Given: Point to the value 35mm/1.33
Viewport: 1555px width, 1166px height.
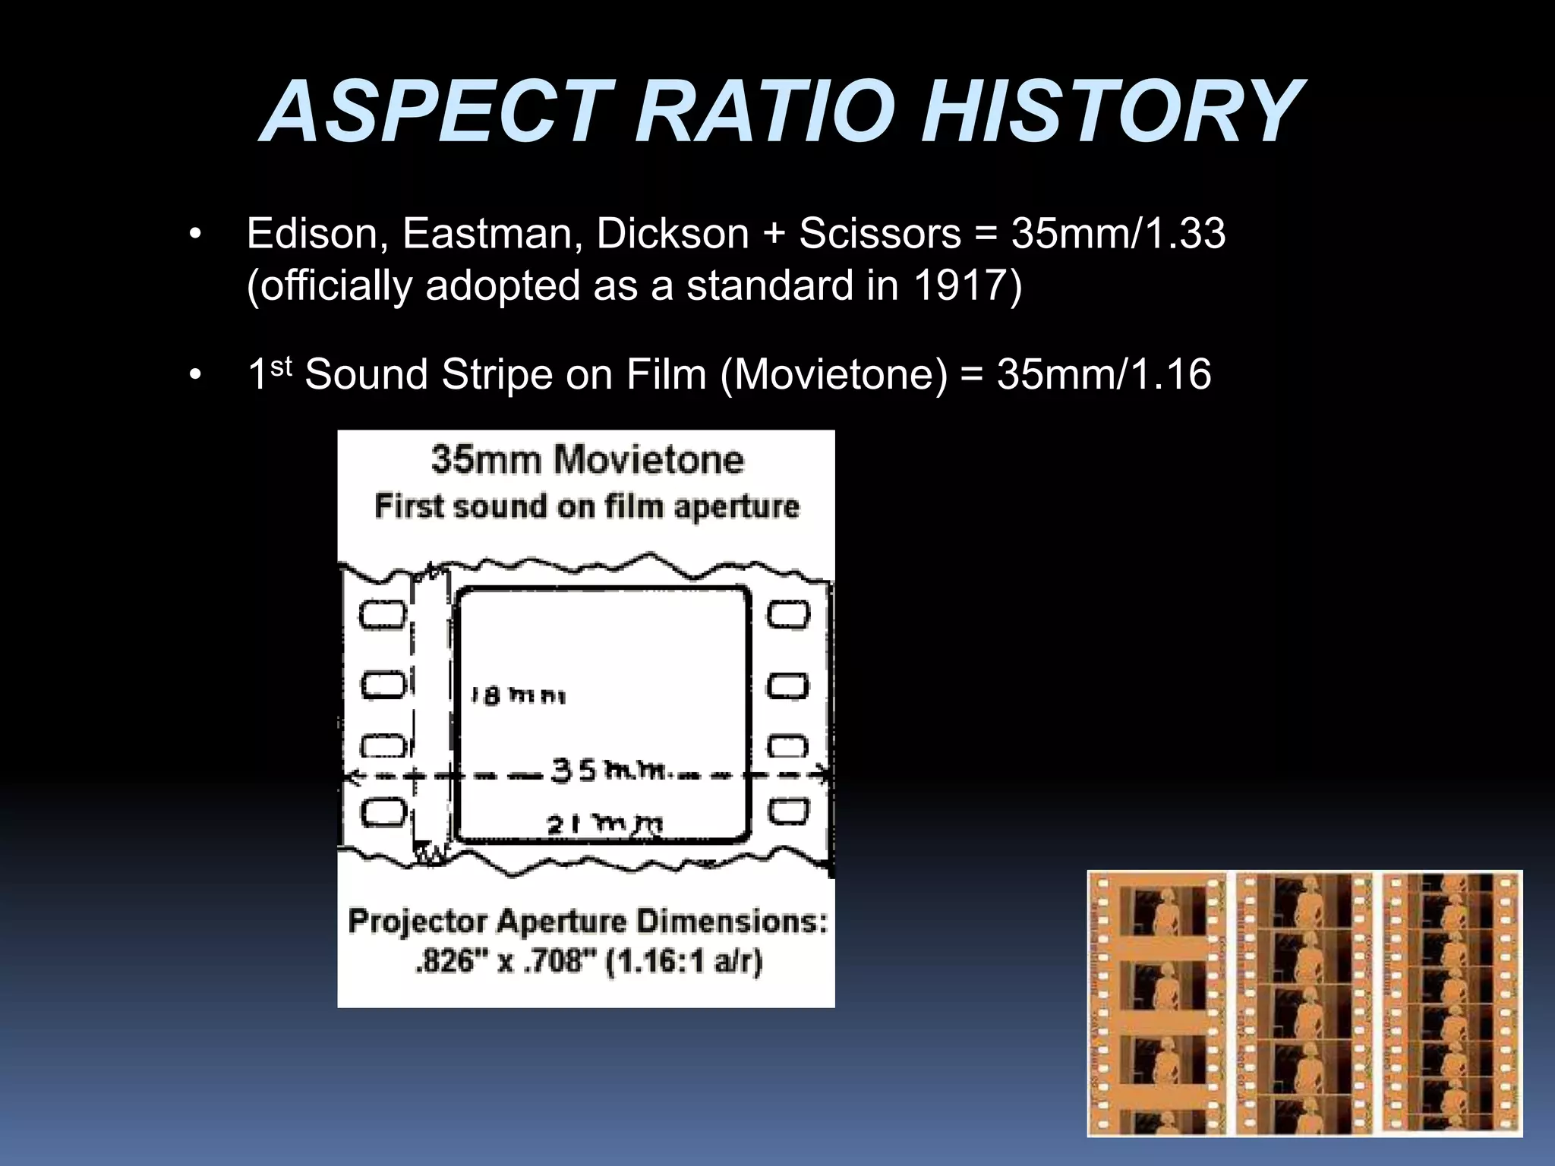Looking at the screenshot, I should coord(1118,233).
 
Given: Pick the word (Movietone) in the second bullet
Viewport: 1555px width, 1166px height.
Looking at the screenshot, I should coord(833,374).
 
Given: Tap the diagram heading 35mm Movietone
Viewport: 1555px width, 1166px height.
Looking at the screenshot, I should coord(587,460).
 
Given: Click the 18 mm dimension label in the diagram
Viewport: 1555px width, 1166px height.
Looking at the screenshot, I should coord(518,695).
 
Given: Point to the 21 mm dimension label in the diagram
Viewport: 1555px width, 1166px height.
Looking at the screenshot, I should coord(604,824).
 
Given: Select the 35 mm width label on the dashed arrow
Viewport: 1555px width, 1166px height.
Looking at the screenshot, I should coord(610,771).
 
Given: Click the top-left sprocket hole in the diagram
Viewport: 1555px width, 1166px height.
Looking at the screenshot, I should coord(382,614).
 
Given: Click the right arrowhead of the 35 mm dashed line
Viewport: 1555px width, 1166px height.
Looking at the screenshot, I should coord(823,774).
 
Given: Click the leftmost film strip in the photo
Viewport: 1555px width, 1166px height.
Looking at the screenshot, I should coord(1157,1004).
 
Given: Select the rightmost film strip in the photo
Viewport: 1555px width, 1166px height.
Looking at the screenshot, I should coord(1451,1004).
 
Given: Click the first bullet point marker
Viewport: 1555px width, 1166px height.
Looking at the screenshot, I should coord(196,235).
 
